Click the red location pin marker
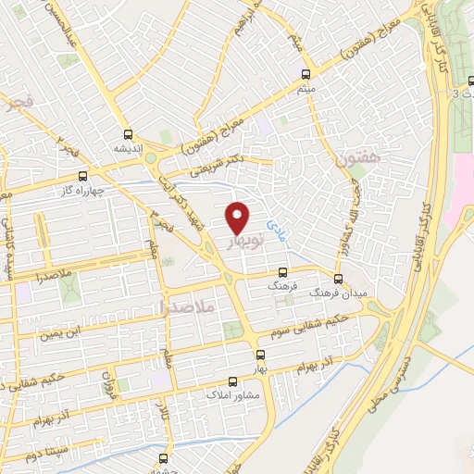(239, 217)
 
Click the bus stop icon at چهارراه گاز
(83, 176)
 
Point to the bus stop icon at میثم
(306, 74)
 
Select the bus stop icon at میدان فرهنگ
(340, 277)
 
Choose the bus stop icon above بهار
(260, 355)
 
